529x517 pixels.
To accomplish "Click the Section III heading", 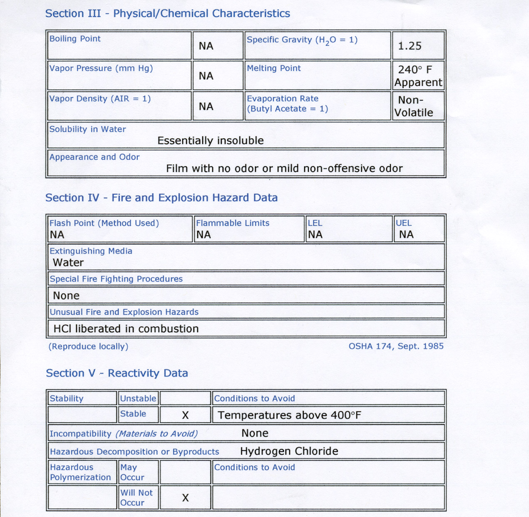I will [167, 14].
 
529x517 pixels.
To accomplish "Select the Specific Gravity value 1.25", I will [410, 46].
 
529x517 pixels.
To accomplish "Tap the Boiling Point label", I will [75, 39].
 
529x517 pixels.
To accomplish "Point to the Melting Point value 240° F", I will [415, 70].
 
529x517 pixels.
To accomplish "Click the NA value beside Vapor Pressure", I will [206, 76].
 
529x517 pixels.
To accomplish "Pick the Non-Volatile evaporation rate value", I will [414, 106].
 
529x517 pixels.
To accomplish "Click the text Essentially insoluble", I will [210, 141].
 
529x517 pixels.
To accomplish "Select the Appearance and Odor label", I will [94, 157].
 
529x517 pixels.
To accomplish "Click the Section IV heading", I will [161, 198].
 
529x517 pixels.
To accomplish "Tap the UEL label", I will [403, 223].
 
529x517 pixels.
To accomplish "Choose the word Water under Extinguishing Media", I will [68, 263].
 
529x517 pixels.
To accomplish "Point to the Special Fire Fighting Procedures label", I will [116, 279].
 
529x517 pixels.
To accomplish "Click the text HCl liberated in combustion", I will [126, 329].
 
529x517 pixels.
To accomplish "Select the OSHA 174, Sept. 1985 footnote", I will [396, 346].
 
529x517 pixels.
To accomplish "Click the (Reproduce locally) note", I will [88, 346].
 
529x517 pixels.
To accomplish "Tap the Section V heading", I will [117, 373].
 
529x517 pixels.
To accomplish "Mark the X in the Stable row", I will [185, 415].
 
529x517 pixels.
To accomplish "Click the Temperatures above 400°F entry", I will [289, 415].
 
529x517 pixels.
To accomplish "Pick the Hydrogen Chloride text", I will [289, 451].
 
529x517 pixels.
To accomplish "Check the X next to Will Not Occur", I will [185, 498].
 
